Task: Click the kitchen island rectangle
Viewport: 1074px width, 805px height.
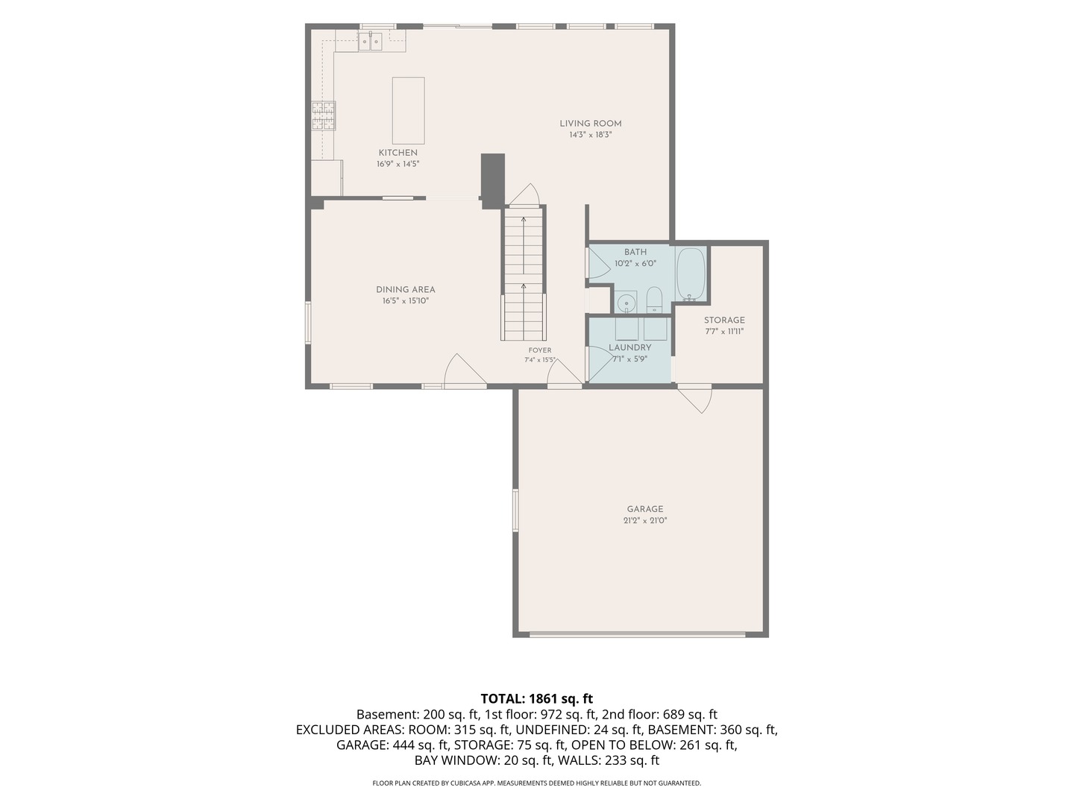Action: [408, 110]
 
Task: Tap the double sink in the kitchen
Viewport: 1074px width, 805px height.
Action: [370, 42]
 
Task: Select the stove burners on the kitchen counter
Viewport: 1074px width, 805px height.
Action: [324, 116]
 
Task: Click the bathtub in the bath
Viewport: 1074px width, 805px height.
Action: [691, 274]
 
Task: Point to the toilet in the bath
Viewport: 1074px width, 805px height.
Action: [654, 300]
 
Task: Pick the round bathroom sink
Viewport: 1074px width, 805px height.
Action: [626, 303]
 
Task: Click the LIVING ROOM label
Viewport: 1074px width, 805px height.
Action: [591, 124]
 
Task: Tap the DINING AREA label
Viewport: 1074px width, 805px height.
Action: [405, 290]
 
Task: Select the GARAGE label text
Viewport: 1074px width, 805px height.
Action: [645, 509]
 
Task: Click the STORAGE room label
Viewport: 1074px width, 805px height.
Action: [724, 321]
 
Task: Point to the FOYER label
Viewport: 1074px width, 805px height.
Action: [540, 350]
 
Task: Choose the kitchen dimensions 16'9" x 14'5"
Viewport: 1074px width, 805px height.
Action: [398, 164]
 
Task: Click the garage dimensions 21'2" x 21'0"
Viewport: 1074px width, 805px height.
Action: [645, 520]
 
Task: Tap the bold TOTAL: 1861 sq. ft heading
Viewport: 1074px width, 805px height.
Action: [537, 698]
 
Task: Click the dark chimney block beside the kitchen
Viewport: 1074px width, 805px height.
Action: [492, 181]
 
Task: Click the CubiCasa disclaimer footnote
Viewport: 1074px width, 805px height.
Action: [537, 783]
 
